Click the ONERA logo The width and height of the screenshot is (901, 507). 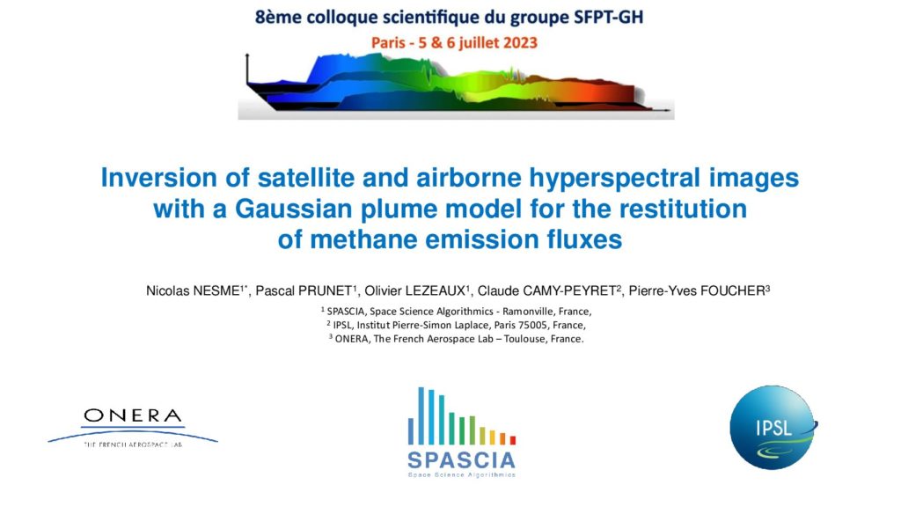click(133, 427)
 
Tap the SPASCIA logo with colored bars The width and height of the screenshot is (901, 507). click(461, 432)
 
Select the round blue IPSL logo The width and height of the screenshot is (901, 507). click(773, 427)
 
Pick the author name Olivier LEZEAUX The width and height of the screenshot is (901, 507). click(415, 290)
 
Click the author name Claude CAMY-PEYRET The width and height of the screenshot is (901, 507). click(547, 290)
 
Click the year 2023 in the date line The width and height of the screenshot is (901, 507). click(518, 43)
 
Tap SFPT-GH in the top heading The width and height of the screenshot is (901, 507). click(609, 18)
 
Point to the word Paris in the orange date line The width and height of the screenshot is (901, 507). click(388, 43)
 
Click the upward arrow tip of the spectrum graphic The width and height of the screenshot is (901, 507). click(247, 54)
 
